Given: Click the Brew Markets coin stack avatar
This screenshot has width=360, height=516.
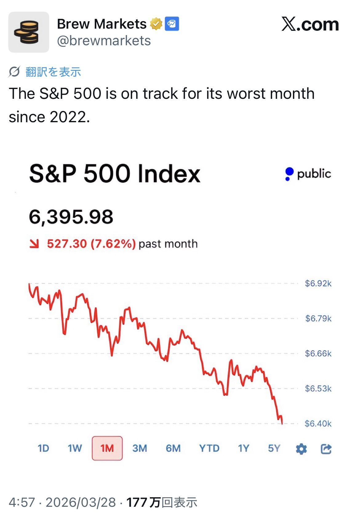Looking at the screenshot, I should click(29, 32).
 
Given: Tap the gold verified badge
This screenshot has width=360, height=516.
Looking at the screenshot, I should click(156, 24).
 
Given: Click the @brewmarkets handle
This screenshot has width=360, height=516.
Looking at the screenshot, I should click(104, 41).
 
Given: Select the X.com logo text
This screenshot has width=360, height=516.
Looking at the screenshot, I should click(310, 24).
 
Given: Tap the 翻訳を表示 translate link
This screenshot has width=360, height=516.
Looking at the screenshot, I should click(53, 72).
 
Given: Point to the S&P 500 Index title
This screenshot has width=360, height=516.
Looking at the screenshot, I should click(114, 174).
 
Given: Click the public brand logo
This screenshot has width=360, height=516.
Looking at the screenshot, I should click(308, 174).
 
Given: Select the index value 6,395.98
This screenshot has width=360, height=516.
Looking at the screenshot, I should click(71, 217).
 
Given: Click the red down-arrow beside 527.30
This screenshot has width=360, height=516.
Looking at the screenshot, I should click(34, 244).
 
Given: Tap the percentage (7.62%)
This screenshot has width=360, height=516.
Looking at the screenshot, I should click(113, 244).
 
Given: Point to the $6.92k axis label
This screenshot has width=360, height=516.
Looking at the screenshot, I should click(318, 284).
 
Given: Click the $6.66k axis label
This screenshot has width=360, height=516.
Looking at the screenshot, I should click(318, 353).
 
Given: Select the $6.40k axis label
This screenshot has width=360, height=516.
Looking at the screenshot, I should click(318, 424).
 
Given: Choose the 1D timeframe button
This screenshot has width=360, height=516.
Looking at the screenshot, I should click(43, 448).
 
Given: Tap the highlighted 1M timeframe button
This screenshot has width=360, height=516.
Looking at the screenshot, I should click(107, 448).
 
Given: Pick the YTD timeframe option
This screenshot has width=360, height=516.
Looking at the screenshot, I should click(209, 448).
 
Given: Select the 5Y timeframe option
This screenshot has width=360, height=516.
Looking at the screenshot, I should click(274, 448).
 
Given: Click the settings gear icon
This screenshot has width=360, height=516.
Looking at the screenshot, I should click(301, 449).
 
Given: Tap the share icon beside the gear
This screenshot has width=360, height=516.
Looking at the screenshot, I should click(326, 449).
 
